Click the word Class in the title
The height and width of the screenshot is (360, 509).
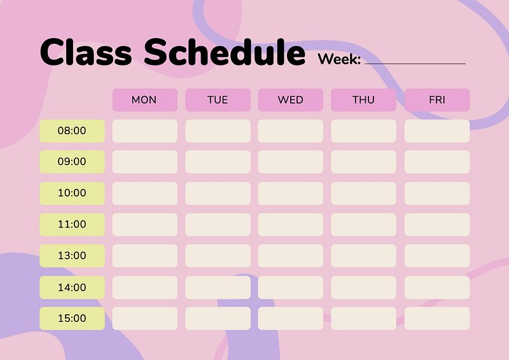pos(86,52)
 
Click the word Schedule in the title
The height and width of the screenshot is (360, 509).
pos(225,52)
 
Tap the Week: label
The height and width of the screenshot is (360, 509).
pos(339,59)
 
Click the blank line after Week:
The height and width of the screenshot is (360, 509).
pos(415,64)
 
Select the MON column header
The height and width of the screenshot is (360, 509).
pos(145,100)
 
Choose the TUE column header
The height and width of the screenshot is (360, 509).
pos(218,100)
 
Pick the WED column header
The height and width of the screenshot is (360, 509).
pos(291,100)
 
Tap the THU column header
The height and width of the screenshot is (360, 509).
pos(363,100)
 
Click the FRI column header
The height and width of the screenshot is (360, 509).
pos(437,100)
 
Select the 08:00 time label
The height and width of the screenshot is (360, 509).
pos(72,131)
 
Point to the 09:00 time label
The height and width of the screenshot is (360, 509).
pos(72,162)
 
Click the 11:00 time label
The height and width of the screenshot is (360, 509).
pos(72,225)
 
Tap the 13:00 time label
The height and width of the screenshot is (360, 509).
pos(72,256)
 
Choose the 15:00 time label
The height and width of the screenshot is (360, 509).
pos(72,319)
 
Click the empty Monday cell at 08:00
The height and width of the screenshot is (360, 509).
pos(145,131)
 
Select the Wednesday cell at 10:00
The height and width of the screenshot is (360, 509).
pos(291,193)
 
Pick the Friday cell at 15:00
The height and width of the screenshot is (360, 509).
pos(437,319)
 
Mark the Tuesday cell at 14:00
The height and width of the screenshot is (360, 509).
pos(218,287)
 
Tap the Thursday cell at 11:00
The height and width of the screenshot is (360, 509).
pos(363,225)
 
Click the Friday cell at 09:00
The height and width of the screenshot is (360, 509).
pos(437,162)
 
